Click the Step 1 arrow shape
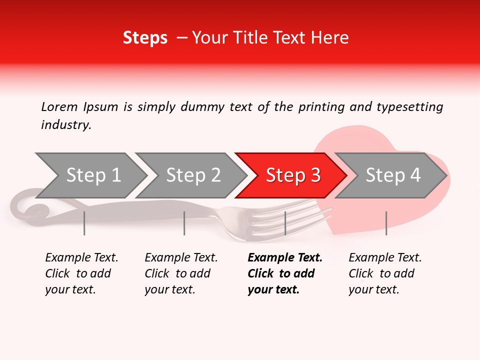(90, 175)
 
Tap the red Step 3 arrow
(292, 175)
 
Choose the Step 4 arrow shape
(392, 175)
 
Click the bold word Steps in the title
(145, 37)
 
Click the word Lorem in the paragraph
(59, 106)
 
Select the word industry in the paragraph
(65, 125)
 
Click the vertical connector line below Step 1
(84, 223)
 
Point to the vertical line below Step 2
(184, 223)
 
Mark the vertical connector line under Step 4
(386, 223)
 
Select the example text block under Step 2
(180, 273)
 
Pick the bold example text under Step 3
(284, 273)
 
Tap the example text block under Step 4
(384, 273)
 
